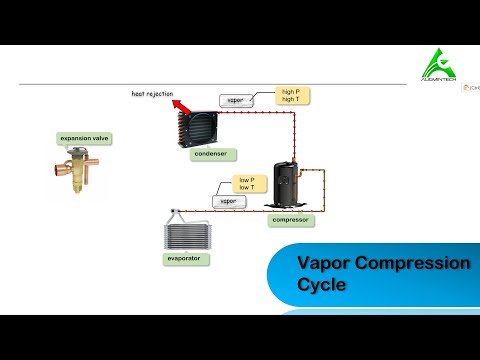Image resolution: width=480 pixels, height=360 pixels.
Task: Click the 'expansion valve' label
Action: pos(85,139)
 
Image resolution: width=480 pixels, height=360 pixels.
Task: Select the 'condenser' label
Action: pos(211,154)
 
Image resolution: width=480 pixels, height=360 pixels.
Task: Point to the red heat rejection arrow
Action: pos(179,105)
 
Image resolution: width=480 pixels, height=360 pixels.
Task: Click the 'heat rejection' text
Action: pos(152,94)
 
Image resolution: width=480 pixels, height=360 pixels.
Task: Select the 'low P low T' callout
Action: pos(246,182)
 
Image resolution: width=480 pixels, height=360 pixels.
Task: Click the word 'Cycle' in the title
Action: pos(321,285)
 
